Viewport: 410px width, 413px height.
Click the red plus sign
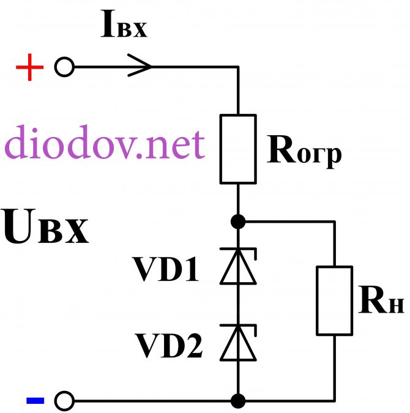point(29,68)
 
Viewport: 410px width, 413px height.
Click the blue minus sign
point(35,401)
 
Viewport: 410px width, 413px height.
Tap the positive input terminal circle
point(64,67)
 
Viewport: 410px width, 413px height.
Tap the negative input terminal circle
point(64,401)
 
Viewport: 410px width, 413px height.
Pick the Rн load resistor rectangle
point(335,300)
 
